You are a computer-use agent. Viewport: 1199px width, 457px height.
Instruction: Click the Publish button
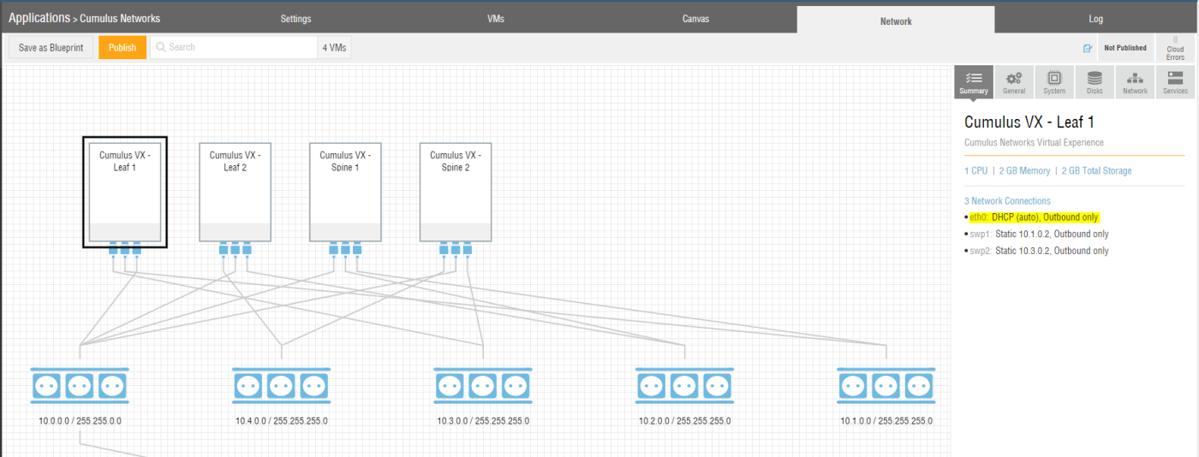[x=122, y=48]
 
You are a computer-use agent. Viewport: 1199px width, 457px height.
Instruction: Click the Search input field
[x=234, y=47]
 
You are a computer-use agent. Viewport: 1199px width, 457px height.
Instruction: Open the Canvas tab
[x=695, y=19]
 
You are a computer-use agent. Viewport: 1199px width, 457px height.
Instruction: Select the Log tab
[x=1095, y=19]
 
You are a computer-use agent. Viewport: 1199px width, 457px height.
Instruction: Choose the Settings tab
[x=295, y=19]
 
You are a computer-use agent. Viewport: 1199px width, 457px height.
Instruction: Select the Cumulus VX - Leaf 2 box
[x=235, y=192]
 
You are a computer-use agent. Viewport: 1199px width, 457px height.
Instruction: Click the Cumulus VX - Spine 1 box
[x=345, y=192]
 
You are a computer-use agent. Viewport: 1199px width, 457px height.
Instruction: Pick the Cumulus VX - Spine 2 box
[x=456, y=192]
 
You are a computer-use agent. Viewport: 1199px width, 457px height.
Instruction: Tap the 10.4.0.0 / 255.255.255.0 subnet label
[x=282, y=420]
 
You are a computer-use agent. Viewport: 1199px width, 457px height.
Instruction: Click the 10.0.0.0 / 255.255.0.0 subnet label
[x=80, y=420]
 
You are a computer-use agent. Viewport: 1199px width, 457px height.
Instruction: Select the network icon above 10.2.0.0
[x=684, y=385]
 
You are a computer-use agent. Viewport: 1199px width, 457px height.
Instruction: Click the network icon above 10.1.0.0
[x=886, y=385]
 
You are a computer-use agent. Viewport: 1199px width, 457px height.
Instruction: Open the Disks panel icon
[x=1095, y=82]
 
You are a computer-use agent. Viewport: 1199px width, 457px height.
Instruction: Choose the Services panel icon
[x=1175, y=82]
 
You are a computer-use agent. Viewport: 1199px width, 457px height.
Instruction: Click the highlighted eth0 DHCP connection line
[x=1035, y=217]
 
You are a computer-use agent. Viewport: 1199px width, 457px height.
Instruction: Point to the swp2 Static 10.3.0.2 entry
[x=1039, y=251]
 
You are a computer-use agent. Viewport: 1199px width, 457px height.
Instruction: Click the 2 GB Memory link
[x=1024, y=170]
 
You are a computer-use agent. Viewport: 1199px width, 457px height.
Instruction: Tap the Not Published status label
[x=1125, y=48]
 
